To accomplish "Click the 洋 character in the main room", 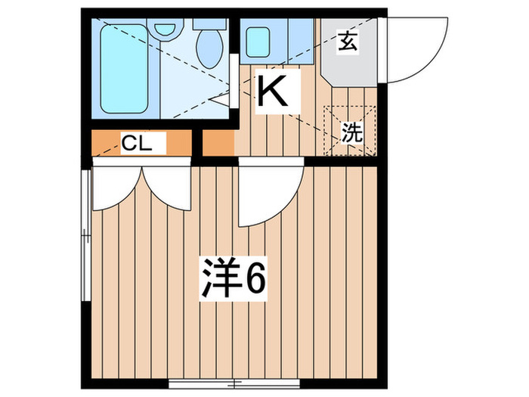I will point(218,281).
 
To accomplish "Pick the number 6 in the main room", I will point(255,281).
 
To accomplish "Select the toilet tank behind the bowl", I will point(206,23).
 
